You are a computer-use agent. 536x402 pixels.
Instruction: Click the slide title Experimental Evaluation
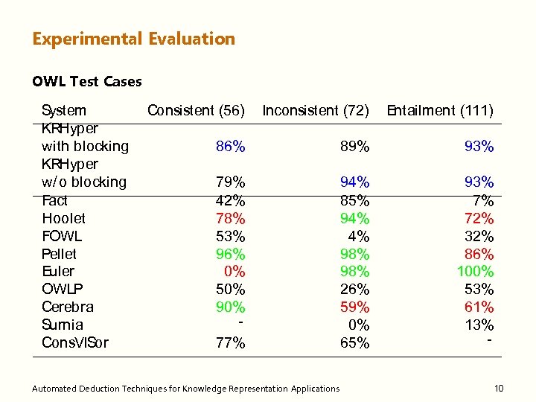[133, 39]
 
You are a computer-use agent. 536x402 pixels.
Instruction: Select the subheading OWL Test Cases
[86, 81]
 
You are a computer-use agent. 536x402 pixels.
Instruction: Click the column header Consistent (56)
[196, 111]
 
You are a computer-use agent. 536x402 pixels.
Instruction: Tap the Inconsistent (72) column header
[316, 111]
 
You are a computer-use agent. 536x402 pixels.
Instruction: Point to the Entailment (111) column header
[439, 111]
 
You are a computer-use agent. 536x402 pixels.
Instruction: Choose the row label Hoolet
[63, 218]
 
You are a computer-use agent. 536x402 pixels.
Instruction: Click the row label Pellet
[59, 254]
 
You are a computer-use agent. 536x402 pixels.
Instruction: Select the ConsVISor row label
[74, 342]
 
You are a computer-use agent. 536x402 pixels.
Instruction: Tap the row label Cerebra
[67, 307]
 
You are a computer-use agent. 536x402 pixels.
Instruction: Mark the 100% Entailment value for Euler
[475, 272]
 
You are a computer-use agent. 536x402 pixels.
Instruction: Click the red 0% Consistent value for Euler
[234, 272]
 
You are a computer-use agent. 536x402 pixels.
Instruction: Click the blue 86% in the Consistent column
[230, 147]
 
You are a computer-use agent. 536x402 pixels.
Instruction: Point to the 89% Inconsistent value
[354, 147]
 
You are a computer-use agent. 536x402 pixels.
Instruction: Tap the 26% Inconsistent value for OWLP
[354, 289]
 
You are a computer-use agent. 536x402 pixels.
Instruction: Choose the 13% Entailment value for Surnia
[479, 325]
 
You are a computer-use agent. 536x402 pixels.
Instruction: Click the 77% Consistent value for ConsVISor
[230, 342]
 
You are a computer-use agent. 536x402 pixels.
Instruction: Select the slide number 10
[499, 388]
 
